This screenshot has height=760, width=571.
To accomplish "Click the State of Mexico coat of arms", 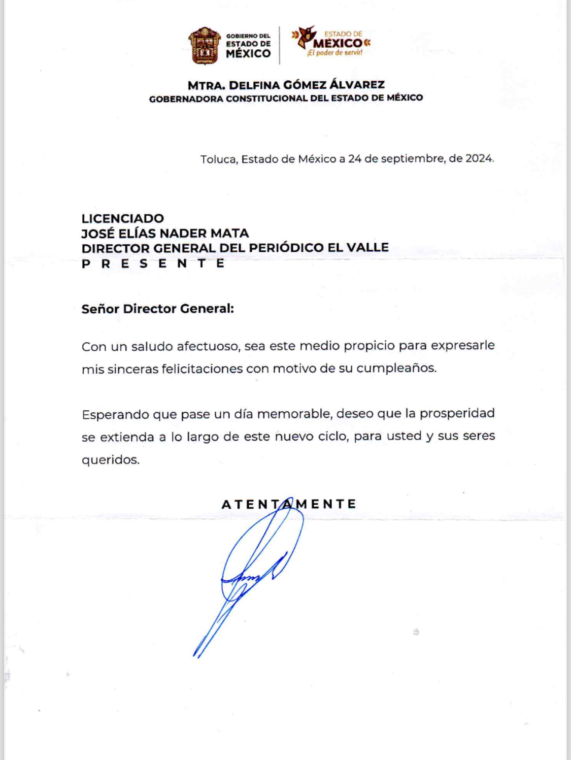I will point(204,46).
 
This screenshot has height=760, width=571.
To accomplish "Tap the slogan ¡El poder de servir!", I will point(334,53).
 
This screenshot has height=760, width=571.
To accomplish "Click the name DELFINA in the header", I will point(254,85).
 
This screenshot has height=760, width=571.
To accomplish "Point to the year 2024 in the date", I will point(479,158).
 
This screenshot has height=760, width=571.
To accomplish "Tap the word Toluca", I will point(218,159).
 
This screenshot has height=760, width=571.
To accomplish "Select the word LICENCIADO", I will point(123,218).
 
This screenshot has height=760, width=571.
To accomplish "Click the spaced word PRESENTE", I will point(153,263).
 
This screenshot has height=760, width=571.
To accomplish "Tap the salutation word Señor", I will point(100,309).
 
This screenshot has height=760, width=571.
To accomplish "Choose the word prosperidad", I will point(457,413).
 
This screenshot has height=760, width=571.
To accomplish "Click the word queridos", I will point(110,460).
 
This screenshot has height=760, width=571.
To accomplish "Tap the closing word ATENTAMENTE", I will point(289,504).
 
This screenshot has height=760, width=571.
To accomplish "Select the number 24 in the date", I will point(355,158).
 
